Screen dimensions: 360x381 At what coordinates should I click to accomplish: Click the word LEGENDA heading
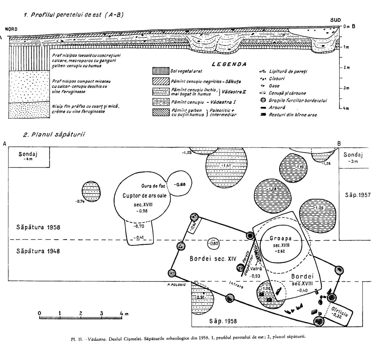pyautogui.click(x=229, y=64)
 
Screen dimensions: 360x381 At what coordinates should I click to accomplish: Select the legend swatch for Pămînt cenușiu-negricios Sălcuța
pyautogui.click(x=161, y=82)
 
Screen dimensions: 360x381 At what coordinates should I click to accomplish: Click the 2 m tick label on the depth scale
pyautogui.click(x=346, y=68)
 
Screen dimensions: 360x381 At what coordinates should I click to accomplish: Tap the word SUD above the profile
pyautogui.click(x=335, y=20)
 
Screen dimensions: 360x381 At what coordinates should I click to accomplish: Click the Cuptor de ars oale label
pyautogui.click(x=144, y=196)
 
